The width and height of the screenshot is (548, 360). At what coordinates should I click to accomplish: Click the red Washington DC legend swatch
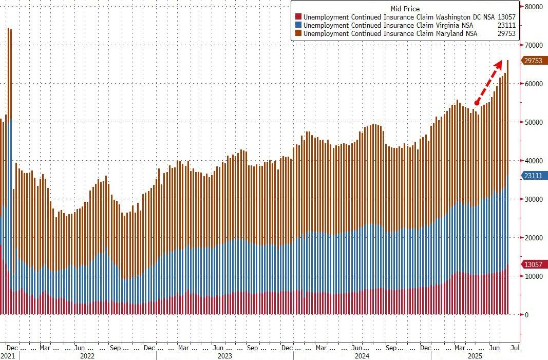coord(298,17)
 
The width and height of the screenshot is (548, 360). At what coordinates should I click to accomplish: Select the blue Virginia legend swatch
coord(298,25)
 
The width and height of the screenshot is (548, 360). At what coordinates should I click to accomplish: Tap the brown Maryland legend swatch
coord(298,33)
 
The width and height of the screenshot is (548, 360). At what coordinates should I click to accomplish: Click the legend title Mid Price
coord(405,9)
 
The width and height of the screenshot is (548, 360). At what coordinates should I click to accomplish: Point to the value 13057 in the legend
coord(506,17)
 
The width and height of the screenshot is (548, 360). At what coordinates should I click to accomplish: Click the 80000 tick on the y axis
coord(535,7)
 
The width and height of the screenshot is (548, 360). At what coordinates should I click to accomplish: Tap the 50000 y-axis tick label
coord(535,122)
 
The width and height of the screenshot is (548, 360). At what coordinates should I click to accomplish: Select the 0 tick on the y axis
coord(526,315)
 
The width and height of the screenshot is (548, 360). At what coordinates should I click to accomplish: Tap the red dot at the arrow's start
coord(477,104)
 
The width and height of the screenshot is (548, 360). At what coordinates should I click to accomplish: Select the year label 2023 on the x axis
coord(224,355)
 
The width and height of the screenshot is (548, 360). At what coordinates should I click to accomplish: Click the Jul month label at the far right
coord(515,348)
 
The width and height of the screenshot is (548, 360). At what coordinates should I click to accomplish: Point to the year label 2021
coord(8,355)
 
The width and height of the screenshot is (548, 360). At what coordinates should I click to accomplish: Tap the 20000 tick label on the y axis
coord(535,238)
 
